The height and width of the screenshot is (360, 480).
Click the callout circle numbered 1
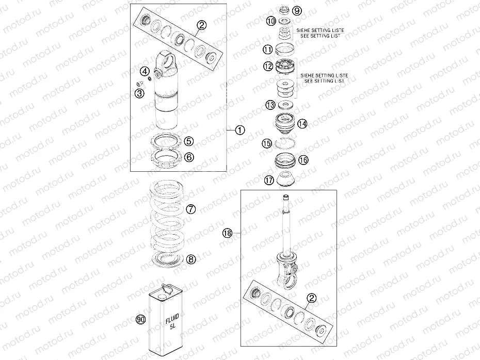pyautogui.click(x=239, y=130)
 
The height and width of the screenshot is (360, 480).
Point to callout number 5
pyautogui.click(x=189, y=141)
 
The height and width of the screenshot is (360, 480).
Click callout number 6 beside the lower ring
pyautogui.click(x=189, y=157)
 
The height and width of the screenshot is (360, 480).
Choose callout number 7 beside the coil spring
pyautogui.click(x=190, y=209)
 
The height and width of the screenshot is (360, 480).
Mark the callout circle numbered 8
pyautogui.click(x=190, y=259)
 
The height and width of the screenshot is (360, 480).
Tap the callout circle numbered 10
pyautogui.click(x=271, y=21)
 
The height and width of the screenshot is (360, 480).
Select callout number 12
pyautogui.click(x=267, y=67)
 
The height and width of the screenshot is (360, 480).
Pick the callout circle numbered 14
pyautogui.click(x=302, y=124)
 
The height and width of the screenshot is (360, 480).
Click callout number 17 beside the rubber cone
pyautogui.click(x=268, y=181)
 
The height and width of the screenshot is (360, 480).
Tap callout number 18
pyautogui.click(x=228, y=233)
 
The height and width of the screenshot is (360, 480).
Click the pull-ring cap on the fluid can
pyautogui.click(x=164, y=289)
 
